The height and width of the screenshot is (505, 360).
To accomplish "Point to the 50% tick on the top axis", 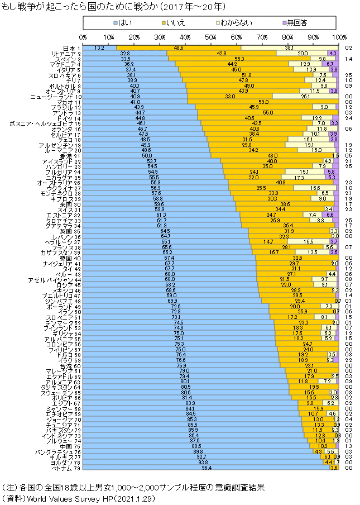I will pyautogui.click(x=211, y=36).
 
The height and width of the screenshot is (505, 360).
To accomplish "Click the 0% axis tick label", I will pyautogui.click(x=83, y=36).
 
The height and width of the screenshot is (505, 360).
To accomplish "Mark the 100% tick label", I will pyautogui.click(x=338, y=36).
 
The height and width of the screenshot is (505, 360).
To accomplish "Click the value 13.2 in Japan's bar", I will pyautogui.click(x=99, y=48).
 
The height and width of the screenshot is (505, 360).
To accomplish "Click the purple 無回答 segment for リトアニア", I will pyautogui.click(x=332, y=53).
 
